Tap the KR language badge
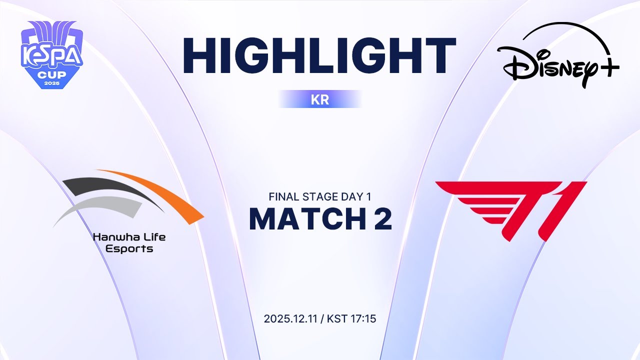pos(320,99)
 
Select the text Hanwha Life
pos(129,236)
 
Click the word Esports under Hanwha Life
pos(129,248)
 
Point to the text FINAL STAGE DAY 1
pos(320,196)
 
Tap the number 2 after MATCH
pos(382,218)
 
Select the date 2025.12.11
pos(291,318)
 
